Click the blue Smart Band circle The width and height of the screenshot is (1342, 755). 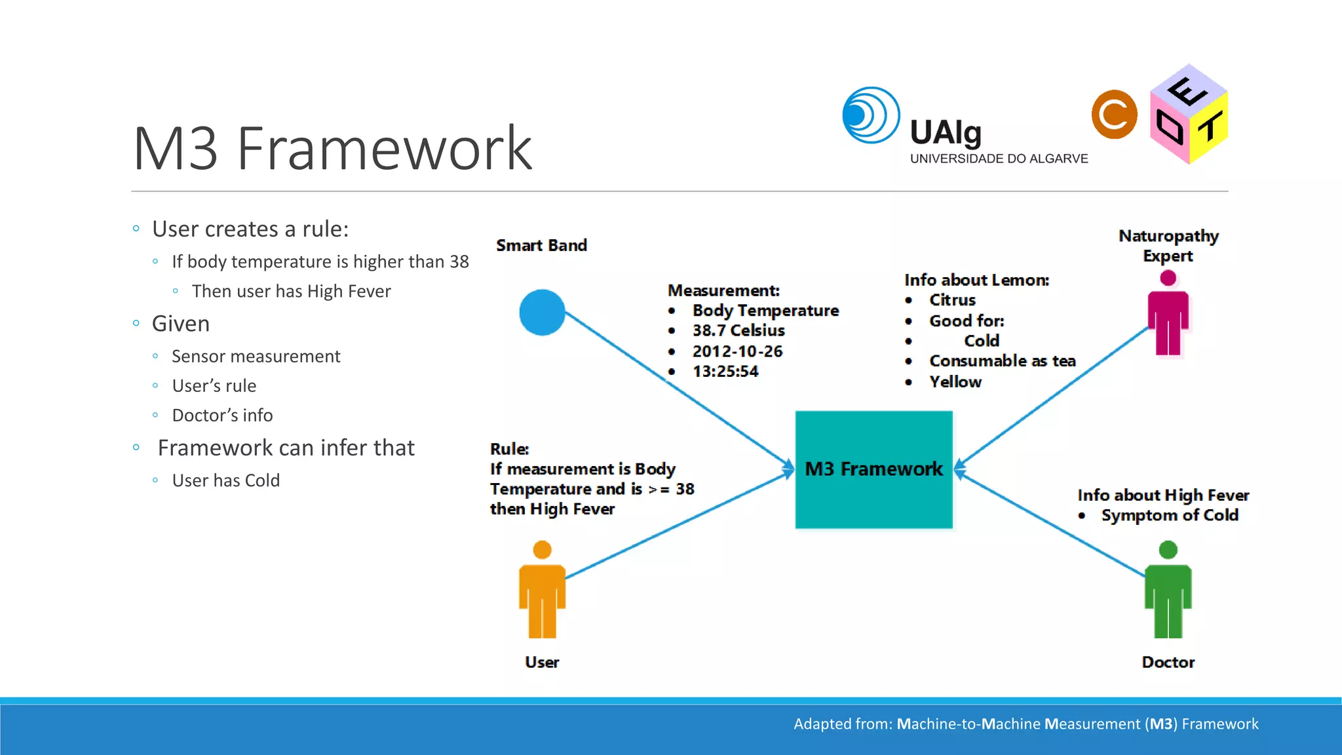click(542, 313)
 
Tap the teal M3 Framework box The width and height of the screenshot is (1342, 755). click(873, 469)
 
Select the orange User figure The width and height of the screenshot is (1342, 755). click(542, 590)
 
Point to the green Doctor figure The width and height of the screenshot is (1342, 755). click(1168, 590)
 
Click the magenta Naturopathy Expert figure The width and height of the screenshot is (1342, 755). click(1168, 315)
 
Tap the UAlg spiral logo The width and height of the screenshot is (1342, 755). click(870, 115)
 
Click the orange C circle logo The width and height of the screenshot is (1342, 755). click(1114, 115)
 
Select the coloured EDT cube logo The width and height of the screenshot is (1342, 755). click(1188, 115)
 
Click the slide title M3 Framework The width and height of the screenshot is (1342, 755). click(332, 149)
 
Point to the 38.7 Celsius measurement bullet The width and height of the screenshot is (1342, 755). click(738, 330)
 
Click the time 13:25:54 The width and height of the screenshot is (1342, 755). click(725, 372)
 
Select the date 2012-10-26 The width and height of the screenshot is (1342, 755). click(737, 351)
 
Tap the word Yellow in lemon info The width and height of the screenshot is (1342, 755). click(955, 381)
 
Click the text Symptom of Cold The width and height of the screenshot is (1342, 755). click(1170, 515)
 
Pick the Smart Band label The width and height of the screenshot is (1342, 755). click(541, 245)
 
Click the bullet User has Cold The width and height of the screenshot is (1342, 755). click(225, 480)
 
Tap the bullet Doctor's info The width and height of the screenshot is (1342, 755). click(222, 416)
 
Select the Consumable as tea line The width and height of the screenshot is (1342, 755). click(1002, 361)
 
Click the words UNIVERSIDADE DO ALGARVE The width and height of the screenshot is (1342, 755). click(999, 159)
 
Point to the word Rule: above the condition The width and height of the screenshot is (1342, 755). click(509, 449)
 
